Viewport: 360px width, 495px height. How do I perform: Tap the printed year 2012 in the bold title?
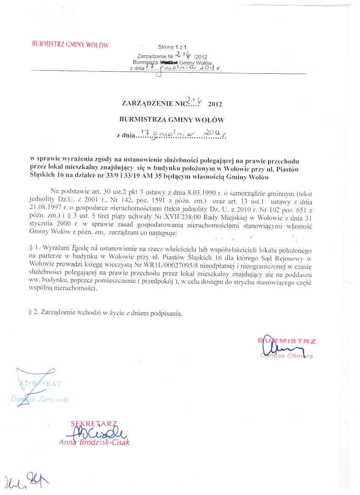(x=215, y=103)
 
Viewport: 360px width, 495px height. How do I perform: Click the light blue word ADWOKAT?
(x=41, y=384)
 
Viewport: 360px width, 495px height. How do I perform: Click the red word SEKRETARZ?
(x=93, y=424)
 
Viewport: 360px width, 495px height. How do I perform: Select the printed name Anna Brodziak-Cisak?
(x=94, y=442)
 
